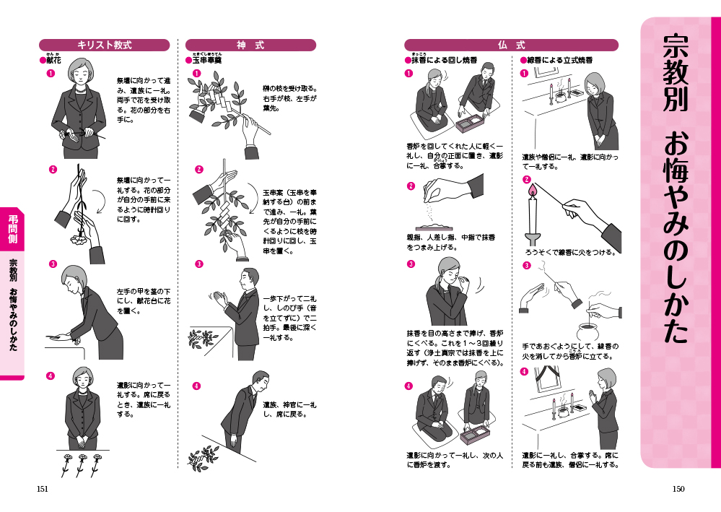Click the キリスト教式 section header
105,45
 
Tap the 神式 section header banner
250,45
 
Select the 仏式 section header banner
511,45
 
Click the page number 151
43,489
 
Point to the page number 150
678,489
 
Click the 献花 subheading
53,60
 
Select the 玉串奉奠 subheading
206,60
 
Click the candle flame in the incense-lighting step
533,189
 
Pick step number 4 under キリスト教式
50,376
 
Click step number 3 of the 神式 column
198,264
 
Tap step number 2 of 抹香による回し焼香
411,186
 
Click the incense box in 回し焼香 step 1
470,123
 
